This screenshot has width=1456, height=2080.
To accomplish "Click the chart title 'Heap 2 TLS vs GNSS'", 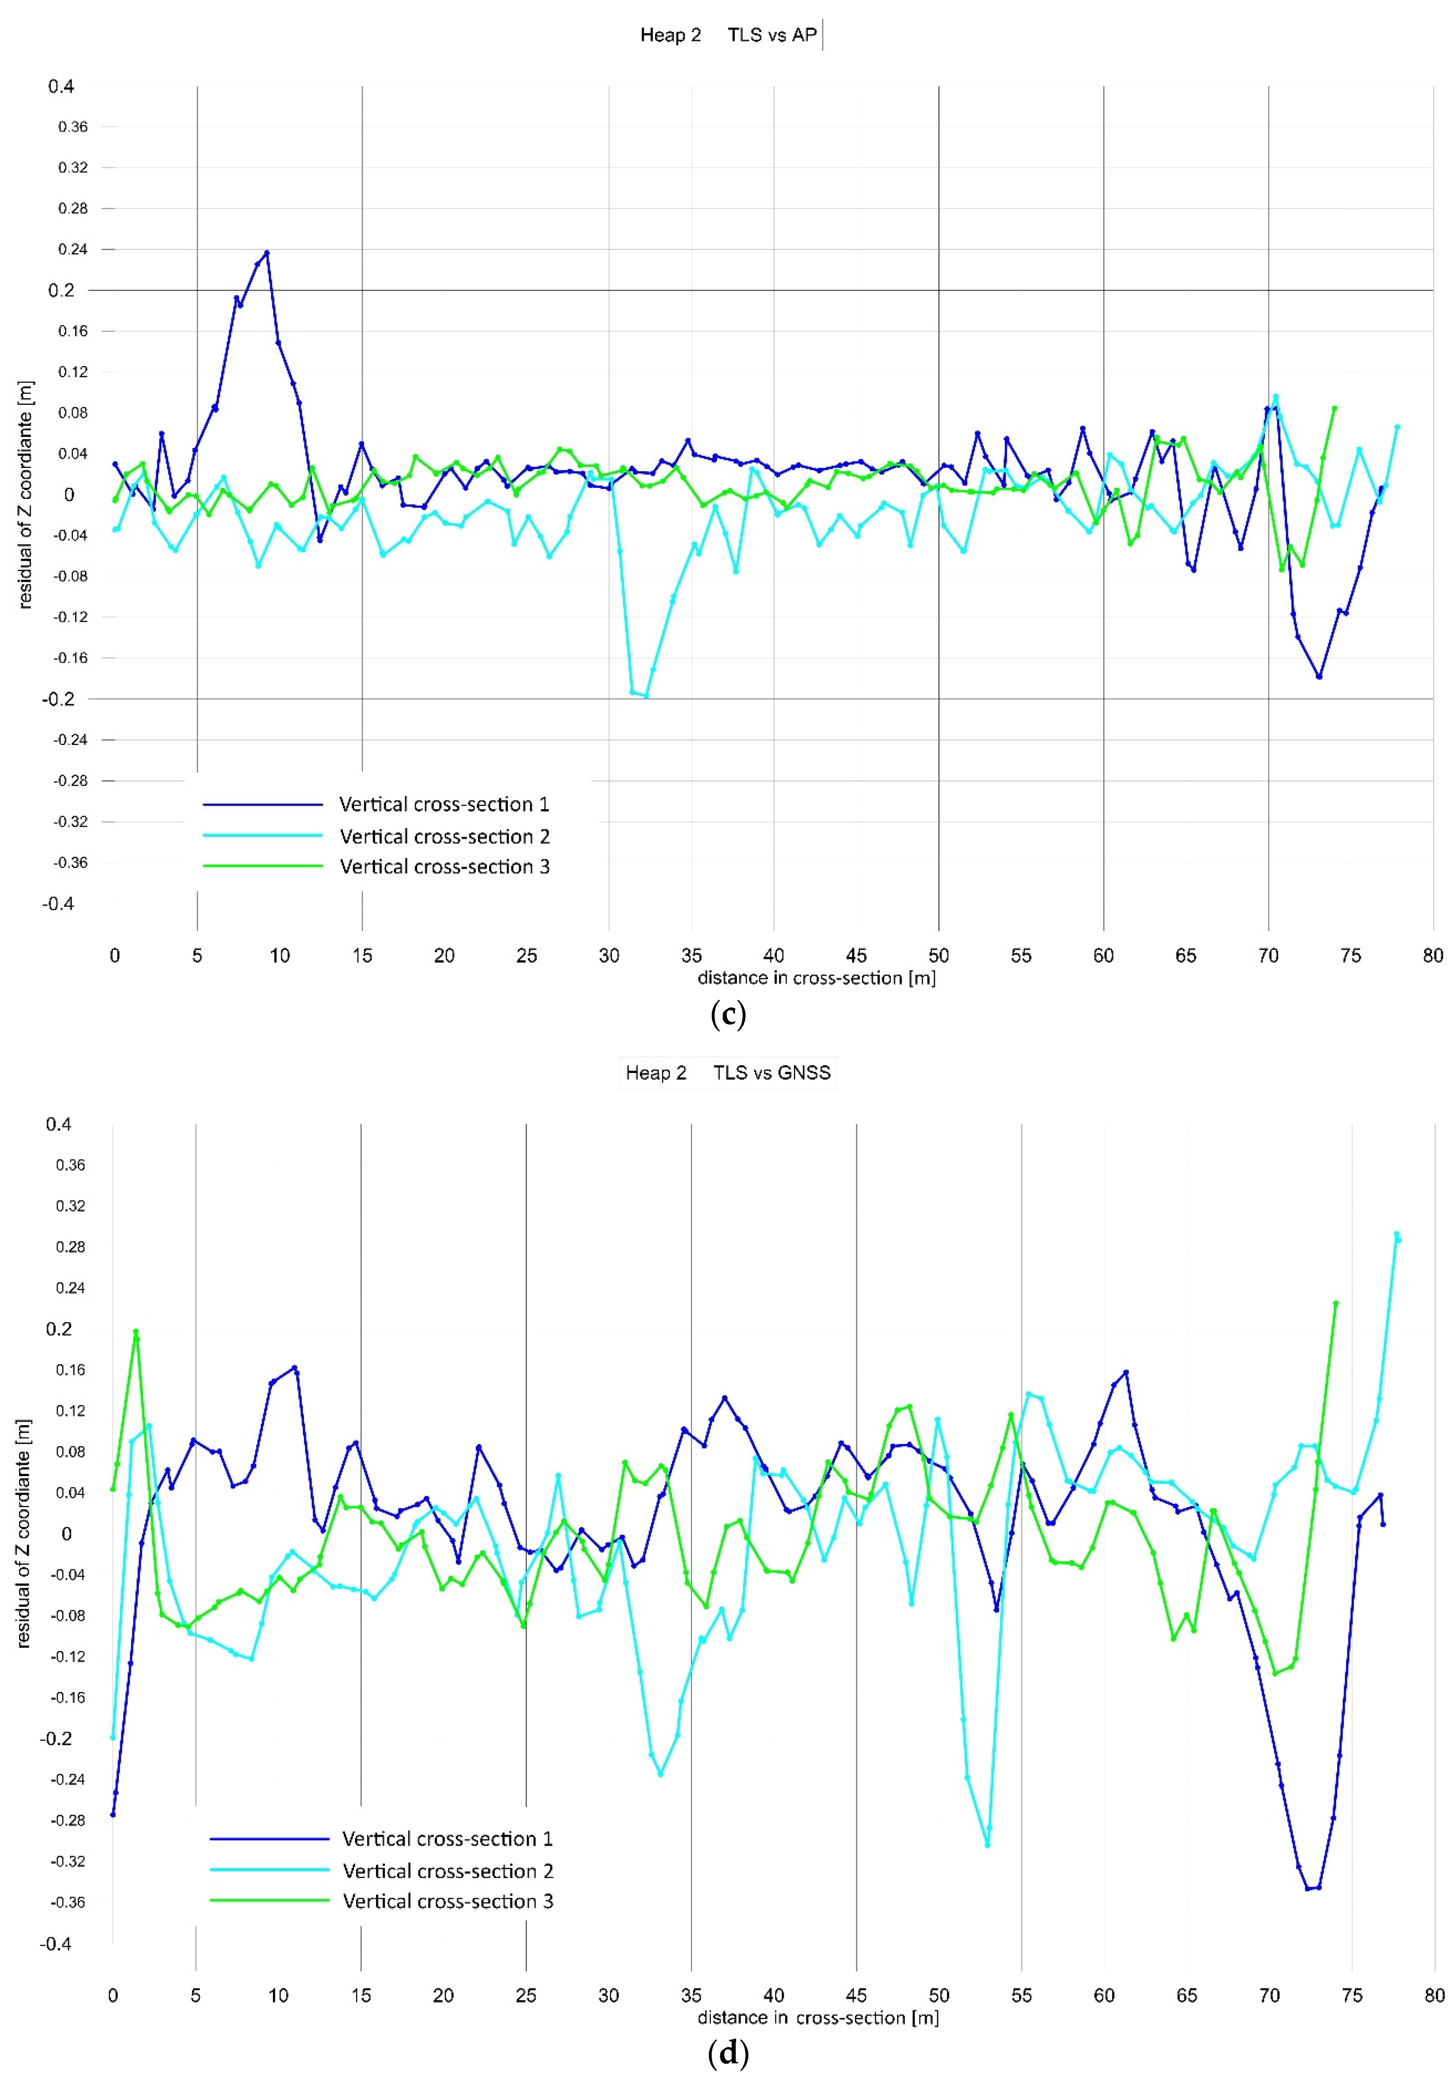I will pyautogui.click(x=728, y=1073).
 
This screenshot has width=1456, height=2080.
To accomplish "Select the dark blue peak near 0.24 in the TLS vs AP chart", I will pyautogui.click(x=267, y=253).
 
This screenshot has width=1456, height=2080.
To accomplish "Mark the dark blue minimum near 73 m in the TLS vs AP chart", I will pyautogui.click(x=1319, y=676).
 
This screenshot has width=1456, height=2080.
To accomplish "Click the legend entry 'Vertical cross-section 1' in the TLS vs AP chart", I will pyautogui.click(x=444, y=804).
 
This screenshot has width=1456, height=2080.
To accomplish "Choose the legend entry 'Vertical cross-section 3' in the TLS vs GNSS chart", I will pyautogui.click(x=448, y=1901).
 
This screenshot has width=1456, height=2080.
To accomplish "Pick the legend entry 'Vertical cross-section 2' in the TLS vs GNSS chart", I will pyautogui.click(x=448, y=1871).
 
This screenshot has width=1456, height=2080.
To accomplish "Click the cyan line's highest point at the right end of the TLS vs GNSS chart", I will pyautogui.click(x=1396, y=1234).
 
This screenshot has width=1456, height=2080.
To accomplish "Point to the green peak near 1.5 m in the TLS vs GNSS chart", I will pyautogui.click(x=136, y=1332).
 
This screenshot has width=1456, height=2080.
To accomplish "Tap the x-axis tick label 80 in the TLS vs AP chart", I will pyautogui.click(x=1432, y=956).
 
